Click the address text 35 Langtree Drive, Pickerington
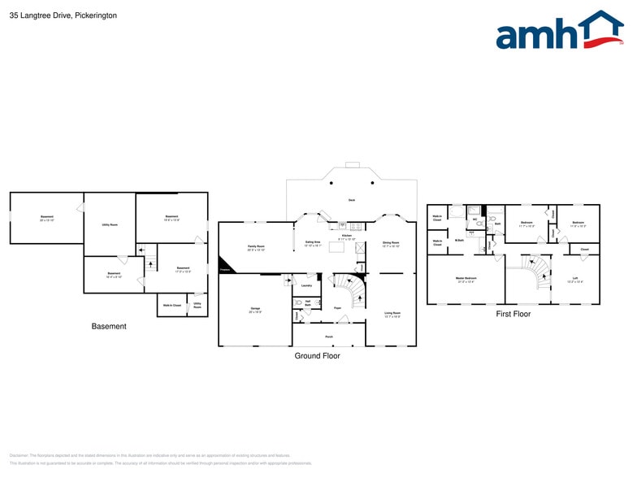(x=63, y=15)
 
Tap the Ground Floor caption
(x=318, y=356)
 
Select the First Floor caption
(x=513, y=314)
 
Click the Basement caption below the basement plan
(x=109, y=327)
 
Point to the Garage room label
(x=255, y=310)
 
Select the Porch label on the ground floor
(x=329, y=336)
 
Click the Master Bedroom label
(x=466, y=279)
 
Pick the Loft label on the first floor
(x=575, y=280)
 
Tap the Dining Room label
(x=391, y=243)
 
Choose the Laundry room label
(x=306, y=286)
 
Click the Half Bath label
(x=308, y=303)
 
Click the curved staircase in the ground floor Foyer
(x=353, y=289)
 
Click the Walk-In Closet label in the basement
(x=172, y=306)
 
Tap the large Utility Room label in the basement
(x=110, y=224)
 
